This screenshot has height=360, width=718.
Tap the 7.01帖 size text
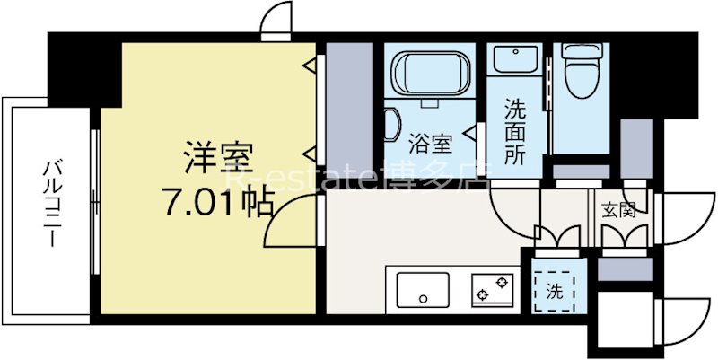218,205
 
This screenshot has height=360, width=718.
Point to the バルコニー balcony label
51,205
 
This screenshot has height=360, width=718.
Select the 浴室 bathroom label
431,141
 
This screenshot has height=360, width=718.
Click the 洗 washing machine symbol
555,290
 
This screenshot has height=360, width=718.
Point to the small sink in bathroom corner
392,126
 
